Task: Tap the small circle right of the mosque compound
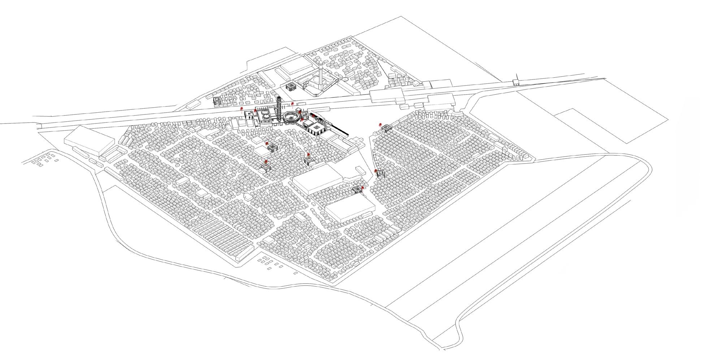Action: tap(345, 78)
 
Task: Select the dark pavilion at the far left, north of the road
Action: tap(217, 101)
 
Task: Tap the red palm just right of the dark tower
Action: tap(292, 104)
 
